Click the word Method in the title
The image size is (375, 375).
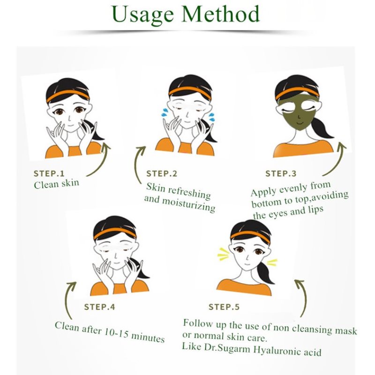220,14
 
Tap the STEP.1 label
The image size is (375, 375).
49,173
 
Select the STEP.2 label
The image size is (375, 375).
162,173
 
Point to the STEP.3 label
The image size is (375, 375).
281,173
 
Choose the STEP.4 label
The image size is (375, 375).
99,307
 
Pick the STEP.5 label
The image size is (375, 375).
224,307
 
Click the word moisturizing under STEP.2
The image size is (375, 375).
188,205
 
